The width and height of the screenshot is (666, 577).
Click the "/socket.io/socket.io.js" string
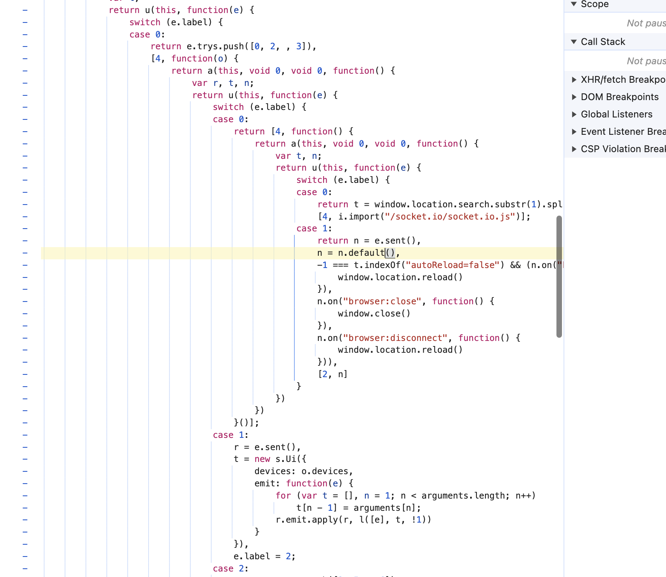450,217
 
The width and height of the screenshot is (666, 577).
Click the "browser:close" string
382,302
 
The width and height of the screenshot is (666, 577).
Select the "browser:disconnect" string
395,338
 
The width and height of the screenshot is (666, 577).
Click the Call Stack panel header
603,42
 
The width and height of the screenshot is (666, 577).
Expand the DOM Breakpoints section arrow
574,97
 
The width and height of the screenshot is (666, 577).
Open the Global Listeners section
616,114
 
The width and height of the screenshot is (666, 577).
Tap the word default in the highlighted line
366,253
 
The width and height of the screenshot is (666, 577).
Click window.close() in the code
374,314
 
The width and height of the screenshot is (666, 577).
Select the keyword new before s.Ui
262,459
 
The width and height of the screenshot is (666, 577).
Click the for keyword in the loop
283,496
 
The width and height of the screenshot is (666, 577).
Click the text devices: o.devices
303,471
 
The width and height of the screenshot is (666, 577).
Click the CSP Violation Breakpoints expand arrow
574,149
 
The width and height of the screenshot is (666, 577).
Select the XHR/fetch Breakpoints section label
623,80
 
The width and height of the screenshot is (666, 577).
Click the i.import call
359,217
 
